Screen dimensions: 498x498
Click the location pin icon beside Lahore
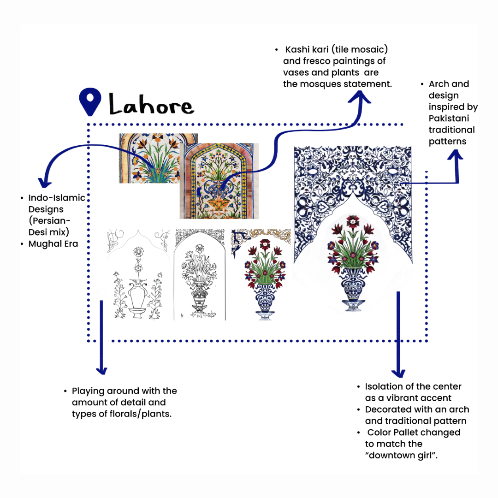tap(90, 102)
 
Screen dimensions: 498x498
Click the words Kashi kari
tap(306, 49)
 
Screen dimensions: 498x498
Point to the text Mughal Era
tap(53, 243)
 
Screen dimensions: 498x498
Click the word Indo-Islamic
tap(57, 198)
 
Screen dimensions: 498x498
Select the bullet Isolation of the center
tap(413, 386)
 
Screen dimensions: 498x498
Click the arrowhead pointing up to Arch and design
tap(455, 157)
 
